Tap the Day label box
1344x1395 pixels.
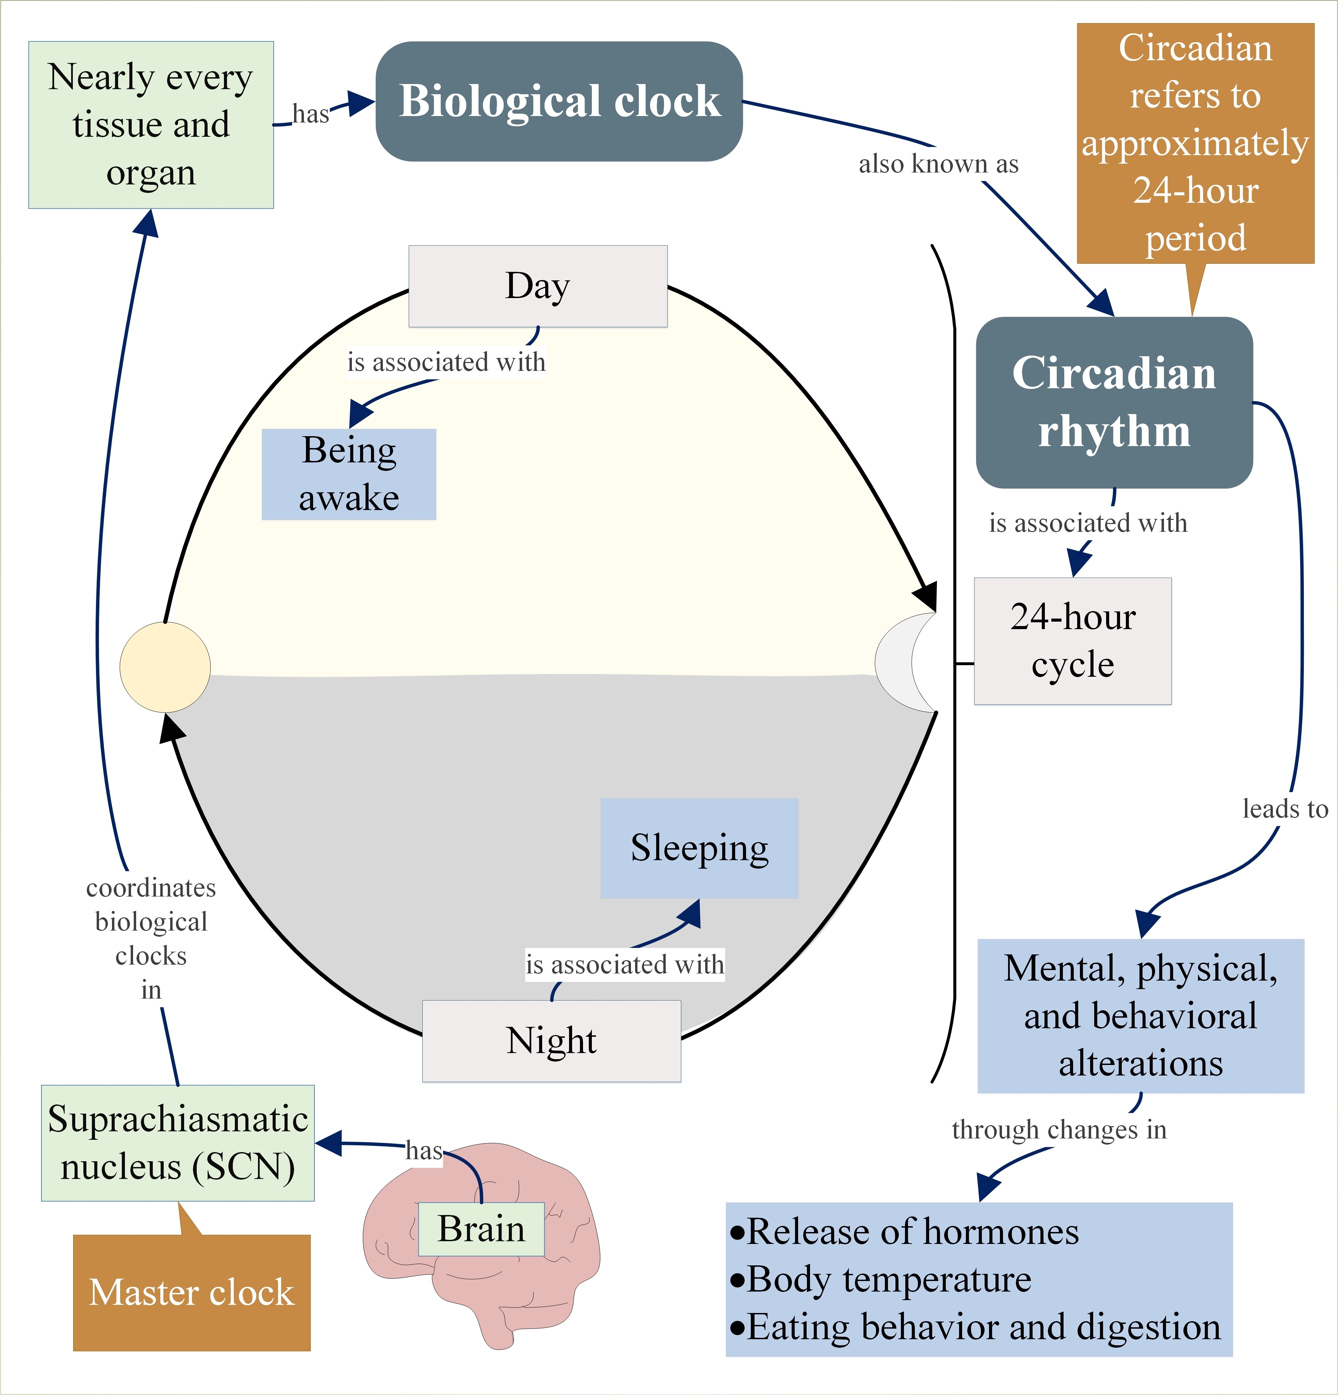pyautogui.click(x=537, y=286)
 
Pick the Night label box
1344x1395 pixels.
pyautogui.click(x=552, y=1040)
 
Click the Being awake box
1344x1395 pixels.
pyautogui.click(x=349, y=474)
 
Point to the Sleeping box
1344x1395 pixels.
pyautogui.click(x=699, y=848)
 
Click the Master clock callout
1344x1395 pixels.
pyautogui.click(x=192, y=1292)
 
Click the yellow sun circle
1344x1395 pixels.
pyautogui.click(x=165, y=667)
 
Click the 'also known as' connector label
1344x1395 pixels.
pyautogui.click(x=938, y=164)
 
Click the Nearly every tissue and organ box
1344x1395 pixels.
pyautogui.click(x=151, y=125)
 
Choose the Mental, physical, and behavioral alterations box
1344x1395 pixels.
pyautogui.click(x=1140, y=1016)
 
